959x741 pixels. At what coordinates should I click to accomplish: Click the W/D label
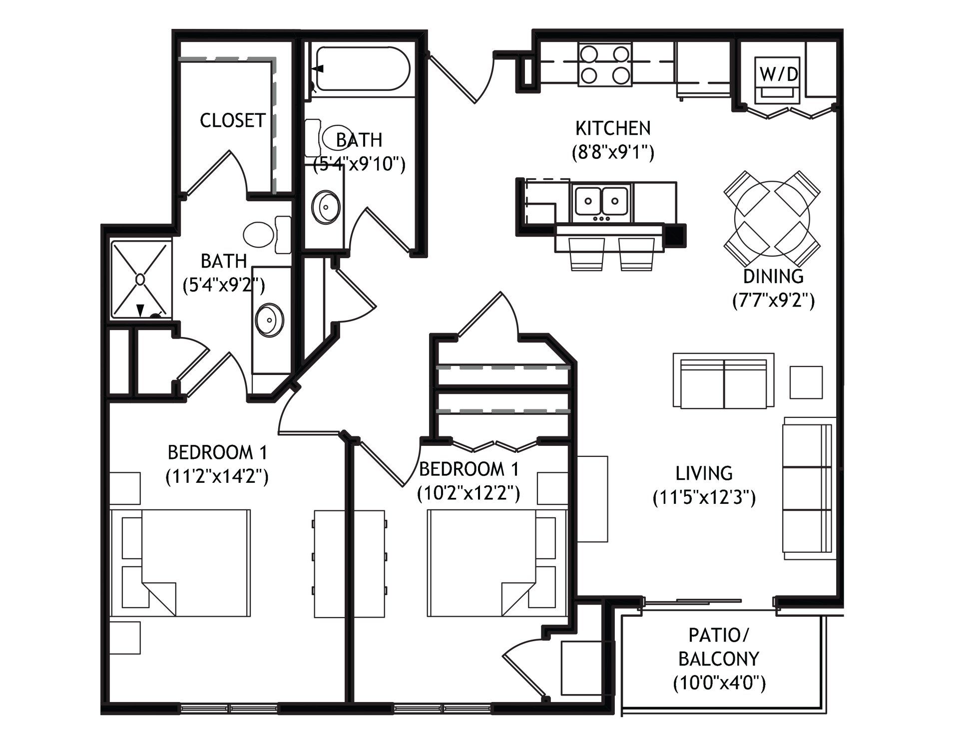[779, 74]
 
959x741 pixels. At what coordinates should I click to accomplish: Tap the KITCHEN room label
[613, 128]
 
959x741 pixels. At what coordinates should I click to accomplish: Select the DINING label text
[773, 276]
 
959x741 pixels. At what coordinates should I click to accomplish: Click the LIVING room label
[704, 473]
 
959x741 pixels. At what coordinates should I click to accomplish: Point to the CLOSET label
[232, 120]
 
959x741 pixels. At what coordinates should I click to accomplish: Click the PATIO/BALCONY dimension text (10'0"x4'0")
[719, 683]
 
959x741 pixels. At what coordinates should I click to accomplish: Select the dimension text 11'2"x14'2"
[217, 477]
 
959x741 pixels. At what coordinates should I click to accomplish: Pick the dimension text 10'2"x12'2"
[469, 493]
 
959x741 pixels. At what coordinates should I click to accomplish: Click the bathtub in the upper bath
[360, 69]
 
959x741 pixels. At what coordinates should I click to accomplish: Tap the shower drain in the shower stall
[140, 279]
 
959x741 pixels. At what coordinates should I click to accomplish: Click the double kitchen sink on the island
[601, 201]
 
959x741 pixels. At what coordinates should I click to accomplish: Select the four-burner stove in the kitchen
[605, 64]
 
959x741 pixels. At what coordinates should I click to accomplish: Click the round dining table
[772, 218]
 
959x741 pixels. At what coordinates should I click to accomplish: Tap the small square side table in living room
[806, 382]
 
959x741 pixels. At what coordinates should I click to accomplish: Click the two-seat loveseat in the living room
[723, 380]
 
